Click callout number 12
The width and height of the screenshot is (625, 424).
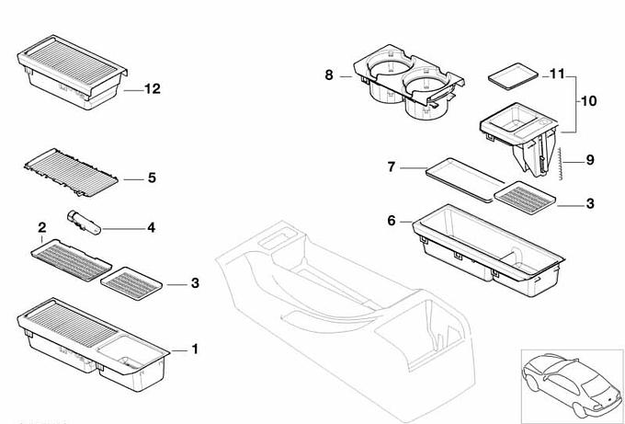coord(152,89)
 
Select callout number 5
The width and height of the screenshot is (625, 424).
coord(152,178)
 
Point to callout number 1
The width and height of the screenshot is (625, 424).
coord(194,350)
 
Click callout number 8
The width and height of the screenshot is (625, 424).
coord(329,74)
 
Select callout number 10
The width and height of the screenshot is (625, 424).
coord(588,99)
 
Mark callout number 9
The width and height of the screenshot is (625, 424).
coord(590,159)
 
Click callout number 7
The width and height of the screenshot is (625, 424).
coord(391,166)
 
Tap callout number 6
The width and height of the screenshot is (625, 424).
coord(391,221)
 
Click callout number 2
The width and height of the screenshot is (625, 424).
coord(41,227)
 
